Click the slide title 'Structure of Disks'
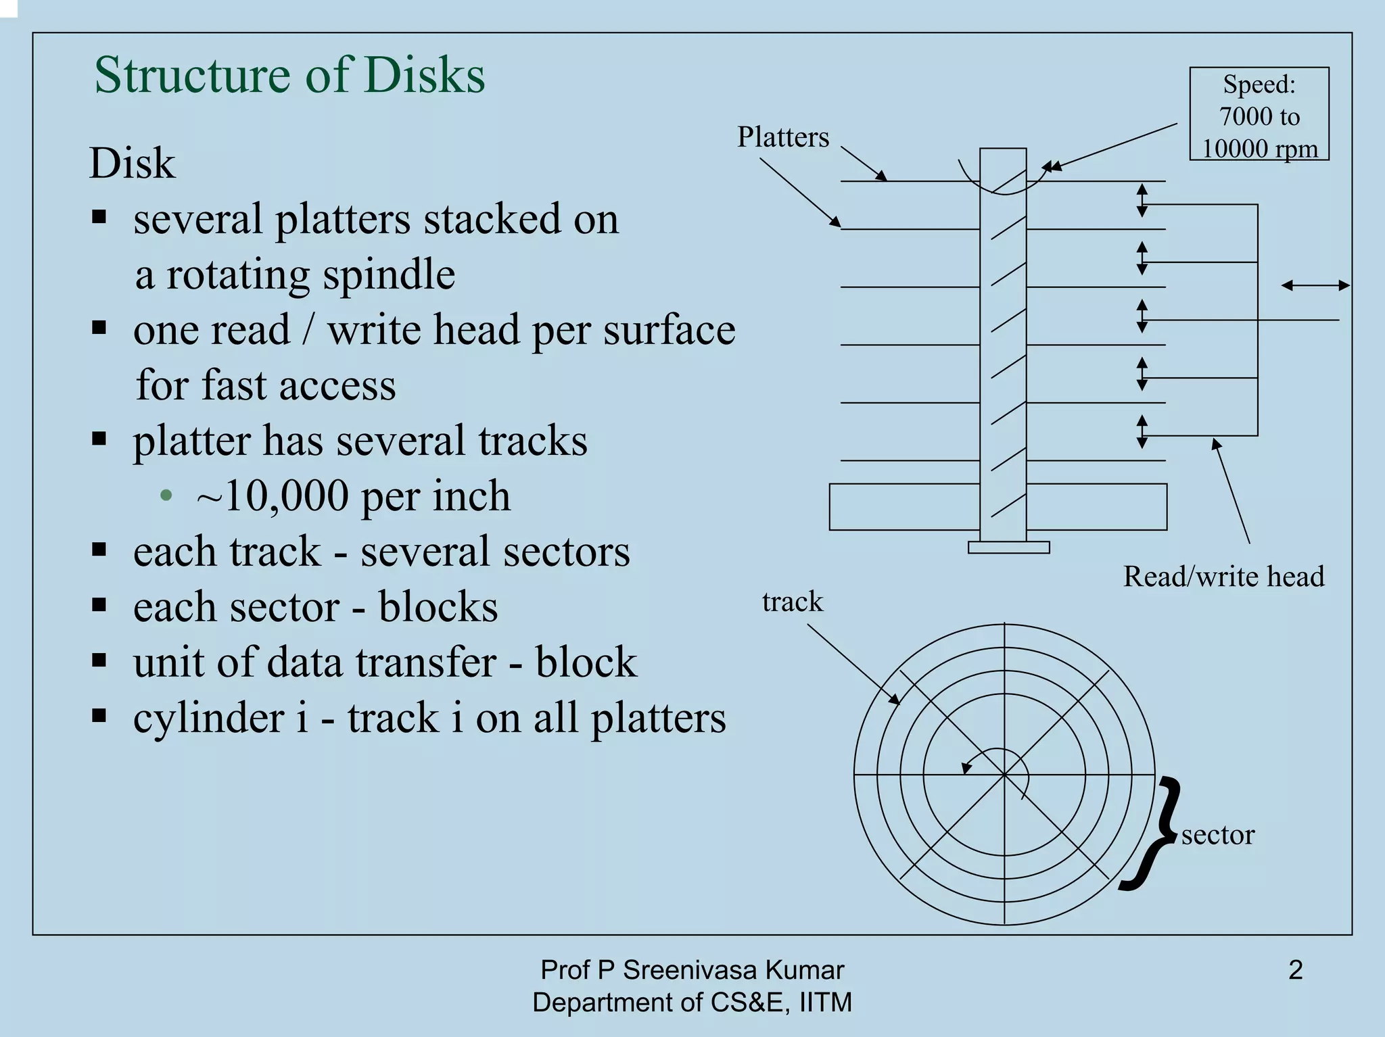coord(289,74)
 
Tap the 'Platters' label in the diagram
coord(782,137)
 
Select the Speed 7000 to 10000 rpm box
coord(1259,114)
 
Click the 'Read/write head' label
coord(1223,577)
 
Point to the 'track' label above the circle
coord(792,602)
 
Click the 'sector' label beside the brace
coord(1217,835)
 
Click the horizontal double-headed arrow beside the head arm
coord(1315,286)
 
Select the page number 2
coord(1295,970)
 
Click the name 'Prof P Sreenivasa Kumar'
coord(692,970)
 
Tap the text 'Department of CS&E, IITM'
coord(692,1002)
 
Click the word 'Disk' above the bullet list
coord(133,164)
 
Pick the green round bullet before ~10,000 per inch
coord(166,496)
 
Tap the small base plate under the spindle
coord(1008,548)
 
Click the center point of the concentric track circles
coord(1004,775)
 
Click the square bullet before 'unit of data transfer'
coord(99,660)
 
